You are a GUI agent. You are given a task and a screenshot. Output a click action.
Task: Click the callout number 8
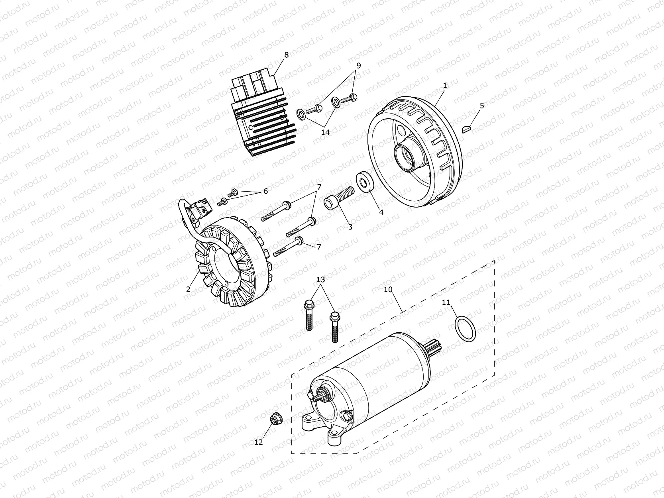click(x=286, y=55)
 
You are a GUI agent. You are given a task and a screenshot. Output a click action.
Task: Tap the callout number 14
click(x=325, y=132)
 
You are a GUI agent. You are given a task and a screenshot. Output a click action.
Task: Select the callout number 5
click(x=482, y=106)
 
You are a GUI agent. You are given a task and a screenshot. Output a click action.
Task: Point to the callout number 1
click(x=445, y=85)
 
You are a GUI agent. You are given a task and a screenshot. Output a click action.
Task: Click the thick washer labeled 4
click(x=364, y=182)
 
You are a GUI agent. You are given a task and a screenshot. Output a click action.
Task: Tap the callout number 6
click(x=265, y=191)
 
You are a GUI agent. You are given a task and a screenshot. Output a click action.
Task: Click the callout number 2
click(x=188, y=289)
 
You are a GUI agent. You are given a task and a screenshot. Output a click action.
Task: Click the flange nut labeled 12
click(x=274, y=419)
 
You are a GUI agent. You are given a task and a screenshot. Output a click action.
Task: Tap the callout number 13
click(x=321, y=279)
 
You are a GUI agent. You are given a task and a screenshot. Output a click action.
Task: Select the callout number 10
click(x=388, y=289)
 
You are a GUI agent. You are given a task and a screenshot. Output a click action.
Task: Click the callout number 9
click(x=358, y=65)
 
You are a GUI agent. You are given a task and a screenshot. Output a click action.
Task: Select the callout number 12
click(x=258, y=442)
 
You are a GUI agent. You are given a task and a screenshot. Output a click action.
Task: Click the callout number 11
click(x=446, y=302)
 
